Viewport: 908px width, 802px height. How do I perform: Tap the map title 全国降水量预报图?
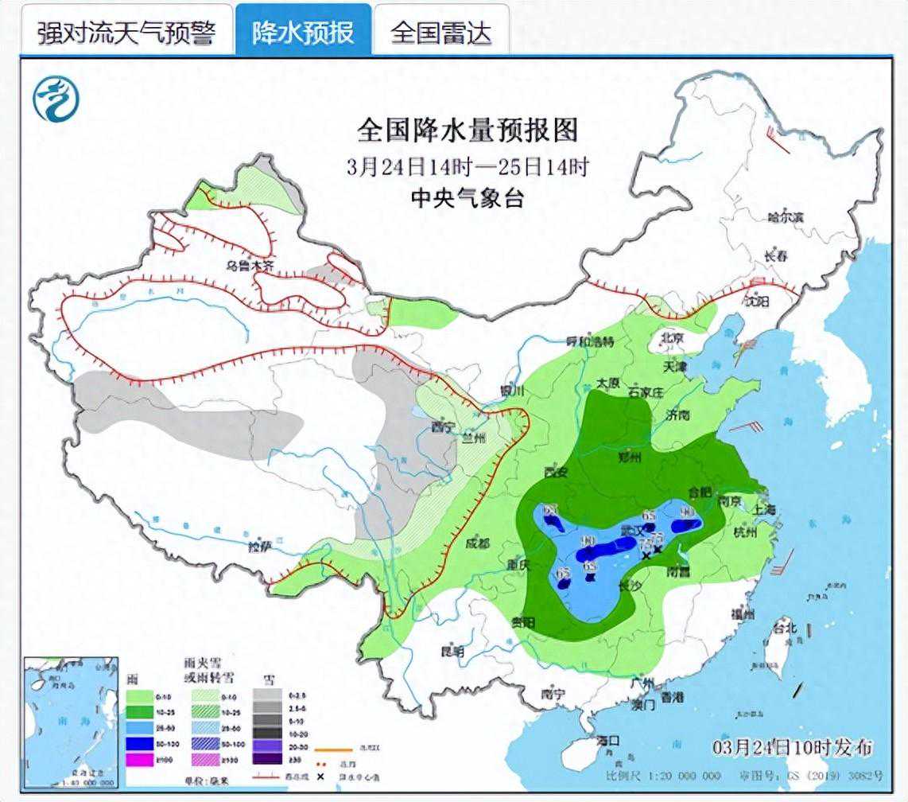coord(467,130)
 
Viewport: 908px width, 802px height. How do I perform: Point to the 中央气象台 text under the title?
coord(467,198)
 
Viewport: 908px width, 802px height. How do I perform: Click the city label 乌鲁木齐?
coord(249,267)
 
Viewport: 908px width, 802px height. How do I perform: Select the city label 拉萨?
coord(259,547)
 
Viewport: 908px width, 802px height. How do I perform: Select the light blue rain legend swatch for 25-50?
coord(140,727)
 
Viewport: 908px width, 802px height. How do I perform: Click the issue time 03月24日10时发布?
coord(792,748)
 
